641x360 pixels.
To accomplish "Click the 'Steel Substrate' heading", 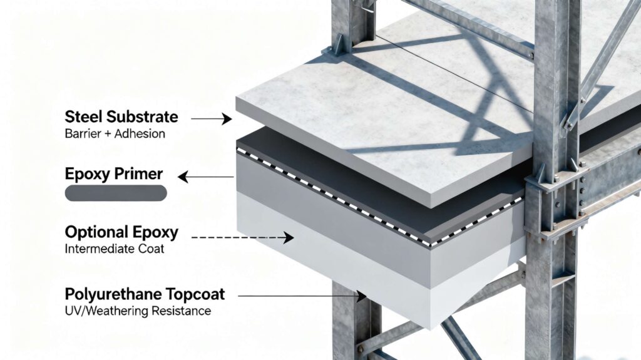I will (121, 117).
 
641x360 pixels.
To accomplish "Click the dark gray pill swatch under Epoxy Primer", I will (116, 193).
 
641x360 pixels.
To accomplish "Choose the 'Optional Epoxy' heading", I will (121, 232).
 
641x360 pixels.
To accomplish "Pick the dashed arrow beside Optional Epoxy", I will (242, 238).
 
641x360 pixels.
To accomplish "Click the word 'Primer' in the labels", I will (144, 173).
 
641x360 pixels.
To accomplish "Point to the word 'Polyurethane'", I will (108, 294).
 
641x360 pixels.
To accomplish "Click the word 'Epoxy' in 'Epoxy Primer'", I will (89, 174).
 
